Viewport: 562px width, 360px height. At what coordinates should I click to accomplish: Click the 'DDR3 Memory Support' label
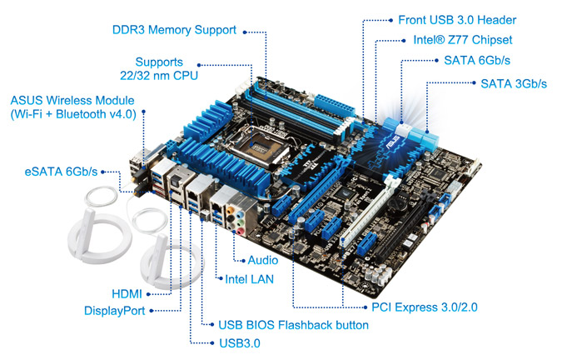point(174,30)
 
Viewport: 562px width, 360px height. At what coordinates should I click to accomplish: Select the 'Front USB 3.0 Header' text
point(457,20)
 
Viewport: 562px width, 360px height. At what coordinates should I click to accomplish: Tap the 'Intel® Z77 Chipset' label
point(463,40)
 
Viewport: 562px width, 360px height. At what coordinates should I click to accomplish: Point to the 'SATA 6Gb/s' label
point(477,60)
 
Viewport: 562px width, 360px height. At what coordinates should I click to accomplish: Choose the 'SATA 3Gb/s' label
point(514,83)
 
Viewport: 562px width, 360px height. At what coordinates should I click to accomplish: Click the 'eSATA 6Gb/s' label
point(61,172)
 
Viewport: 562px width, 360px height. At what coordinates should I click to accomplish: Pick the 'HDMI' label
point(127,294)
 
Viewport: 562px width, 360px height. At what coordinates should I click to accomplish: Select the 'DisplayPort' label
point(114,311)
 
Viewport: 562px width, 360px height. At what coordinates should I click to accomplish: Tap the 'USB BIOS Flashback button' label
point(294,325)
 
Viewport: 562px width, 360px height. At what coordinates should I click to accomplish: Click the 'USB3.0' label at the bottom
point(240,343)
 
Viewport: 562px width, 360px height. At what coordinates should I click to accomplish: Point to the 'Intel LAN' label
point(249,279)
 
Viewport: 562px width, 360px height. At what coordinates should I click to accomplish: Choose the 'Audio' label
point(263,260)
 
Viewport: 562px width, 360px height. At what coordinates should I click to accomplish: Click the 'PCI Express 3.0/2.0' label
point(425,307)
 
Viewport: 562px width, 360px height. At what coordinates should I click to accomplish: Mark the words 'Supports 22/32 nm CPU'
point(159,68)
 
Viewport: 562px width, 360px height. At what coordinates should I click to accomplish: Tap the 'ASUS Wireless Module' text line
point(72,100)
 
